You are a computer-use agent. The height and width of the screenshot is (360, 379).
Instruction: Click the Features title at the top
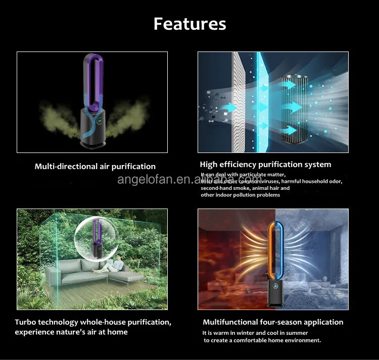[x=189, y=24]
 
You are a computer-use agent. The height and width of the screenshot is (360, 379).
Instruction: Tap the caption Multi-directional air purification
[x=95, y=166]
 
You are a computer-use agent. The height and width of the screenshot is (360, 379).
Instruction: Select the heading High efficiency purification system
[x=265, y=164]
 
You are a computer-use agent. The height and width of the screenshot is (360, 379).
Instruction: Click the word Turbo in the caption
[x=26, y=322]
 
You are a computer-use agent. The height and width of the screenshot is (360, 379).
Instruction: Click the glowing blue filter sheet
[x=262, y=101]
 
